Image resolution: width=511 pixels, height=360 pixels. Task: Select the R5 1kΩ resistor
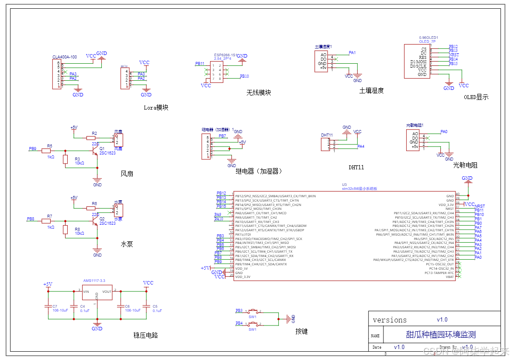click(x=47, y=151)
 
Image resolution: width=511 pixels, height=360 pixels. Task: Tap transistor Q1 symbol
click(x=94, y=151)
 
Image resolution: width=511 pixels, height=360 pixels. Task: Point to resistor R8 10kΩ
click(x=66, y=230)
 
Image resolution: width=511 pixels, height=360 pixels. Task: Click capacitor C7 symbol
click(x=48, y=306)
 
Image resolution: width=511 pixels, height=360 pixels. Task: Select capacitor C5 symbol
click(x=148, y=306)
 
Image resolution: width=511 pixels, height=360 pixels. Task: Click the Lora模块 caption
click(x=156, y=107)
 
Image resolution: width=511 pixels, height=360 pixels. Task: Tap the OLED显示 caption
click(x=476, y=97)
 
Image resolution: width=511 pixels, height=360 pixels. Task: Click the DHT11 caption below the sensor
click(x=356, y=167)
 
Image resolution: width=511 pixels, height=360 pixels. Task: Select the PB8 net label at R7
click(x=31, y=219)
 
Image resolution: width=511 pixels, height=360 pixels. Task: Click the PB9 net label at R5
click(x=32, y=149)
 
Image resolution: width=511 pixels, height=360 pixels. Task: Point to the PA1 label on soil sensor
click(x=352, y=53)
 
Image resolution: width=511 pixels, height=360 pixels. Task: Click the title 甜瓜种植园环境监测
click(x=441, y=335)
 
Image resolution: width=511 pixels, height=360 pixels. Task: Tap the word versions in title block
click(x=390, y=320)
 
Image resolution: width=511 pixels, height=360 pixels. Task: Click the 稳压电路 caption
click(x=145, y=335)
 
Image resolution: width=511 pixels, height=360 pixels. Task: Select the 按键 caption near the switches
click(x=301, y=331)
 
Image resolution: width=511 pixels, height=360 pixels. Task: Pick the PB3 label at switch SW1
click(x=239, y=311)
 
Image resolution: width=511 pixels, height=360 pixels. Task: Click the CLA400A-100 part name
click(x=65, y=57)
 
